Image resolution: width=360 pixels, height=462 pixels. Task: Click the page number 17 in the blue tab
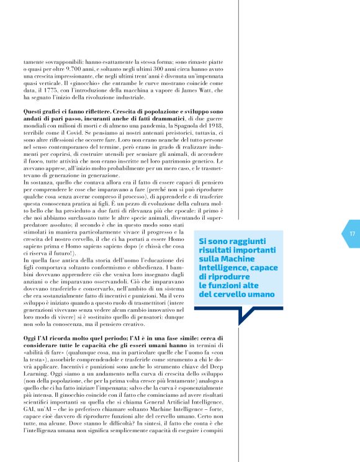click(x=351, y=233)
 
